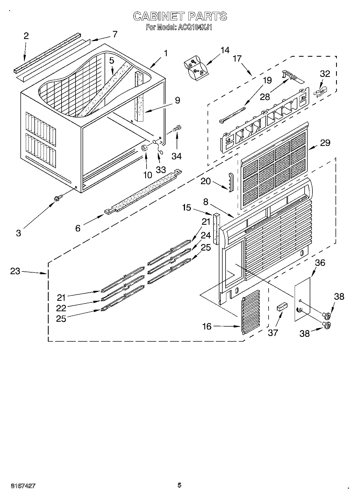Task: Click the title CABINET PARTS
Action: [x=180, y=16]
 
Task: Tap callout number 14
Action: [x=225, y=50]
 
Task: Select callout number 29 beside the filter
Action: [x=325, y=143]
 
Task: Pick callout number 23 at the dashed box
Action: [x=15, y=271]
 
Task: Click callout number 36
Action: [x=320, y=263]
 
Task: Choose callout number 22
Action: [x=61, y=308]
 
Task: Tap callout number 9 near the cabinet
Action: [x=177, y=100]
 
